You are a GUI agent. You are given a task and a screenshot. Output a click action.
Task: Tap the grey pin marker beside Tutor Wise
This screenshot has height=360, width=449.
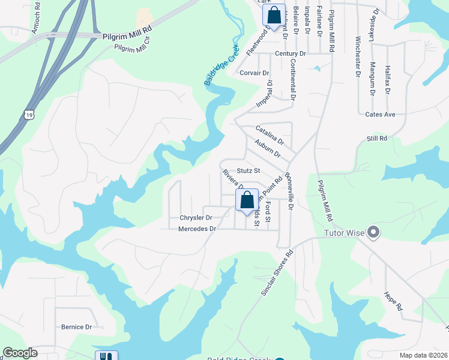(x=373, y=232)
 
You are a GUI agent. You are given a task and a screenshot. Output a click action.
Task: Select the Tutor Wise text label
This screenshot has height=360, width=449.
(x=345, y=233)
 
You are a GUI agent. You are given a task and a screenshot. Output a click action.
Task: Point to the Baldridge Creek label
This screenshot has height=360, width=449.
(x=221, y=64)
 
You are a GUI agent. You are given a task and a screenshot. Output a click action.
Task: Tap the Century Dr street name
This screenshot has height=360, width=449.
(x=291, y=54)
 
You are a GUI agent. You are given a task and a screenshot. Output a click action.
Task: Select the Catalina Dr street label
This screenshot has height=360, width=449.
(x=268, y=133)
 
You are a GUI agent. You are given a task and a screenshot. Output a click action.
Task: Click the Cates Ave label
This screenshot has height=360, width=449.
(x=380, y=114)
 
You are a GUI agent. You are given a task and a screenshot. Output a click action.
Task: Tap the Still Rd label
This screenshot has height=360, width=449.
(x=377, y=138)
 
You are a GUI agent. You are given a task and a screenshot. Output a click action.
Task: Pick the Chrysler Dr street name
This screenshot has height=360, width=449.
(x=196, y=217)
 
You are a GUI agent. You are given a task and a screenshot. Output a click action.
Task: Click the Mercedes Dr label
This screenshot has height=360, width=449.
(x=197, y=229)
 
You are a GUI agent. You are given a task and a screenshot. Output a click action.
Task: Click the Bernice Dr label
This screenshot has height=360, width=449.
(x=76, y=327)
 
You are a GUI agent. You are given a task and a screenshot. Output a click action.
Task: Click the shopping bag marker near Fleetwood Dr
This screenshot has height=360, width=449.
(x=274, y=15)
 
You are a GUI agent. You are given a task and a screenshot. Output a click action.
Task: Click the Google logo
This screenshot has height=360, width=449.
(x=20, y=353)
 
